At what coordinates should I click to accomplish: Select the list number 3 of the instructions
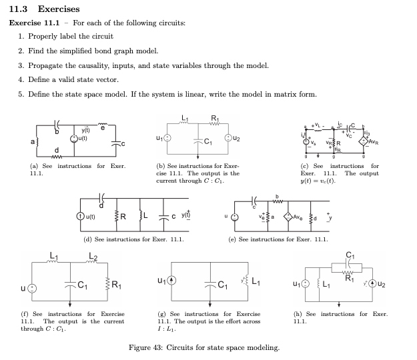21,65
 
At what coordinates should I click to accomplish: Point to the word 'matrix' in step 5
284,94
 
